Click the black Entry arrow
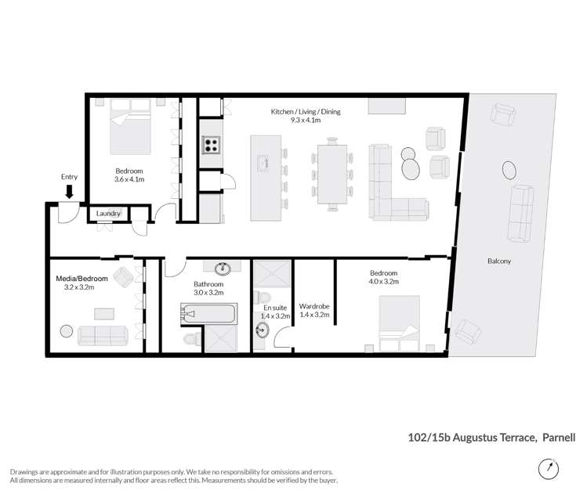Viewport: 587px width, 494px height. tap(69, 190)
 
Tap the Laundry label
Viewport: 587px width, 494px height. tap(108, 213)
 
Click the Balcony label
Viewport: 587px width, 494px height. tap(500, 261)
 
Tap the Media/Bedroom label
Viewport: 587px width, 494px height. tap(82, 279)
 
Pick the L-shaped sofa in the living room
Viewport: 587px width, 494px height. tap(392, 188)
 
